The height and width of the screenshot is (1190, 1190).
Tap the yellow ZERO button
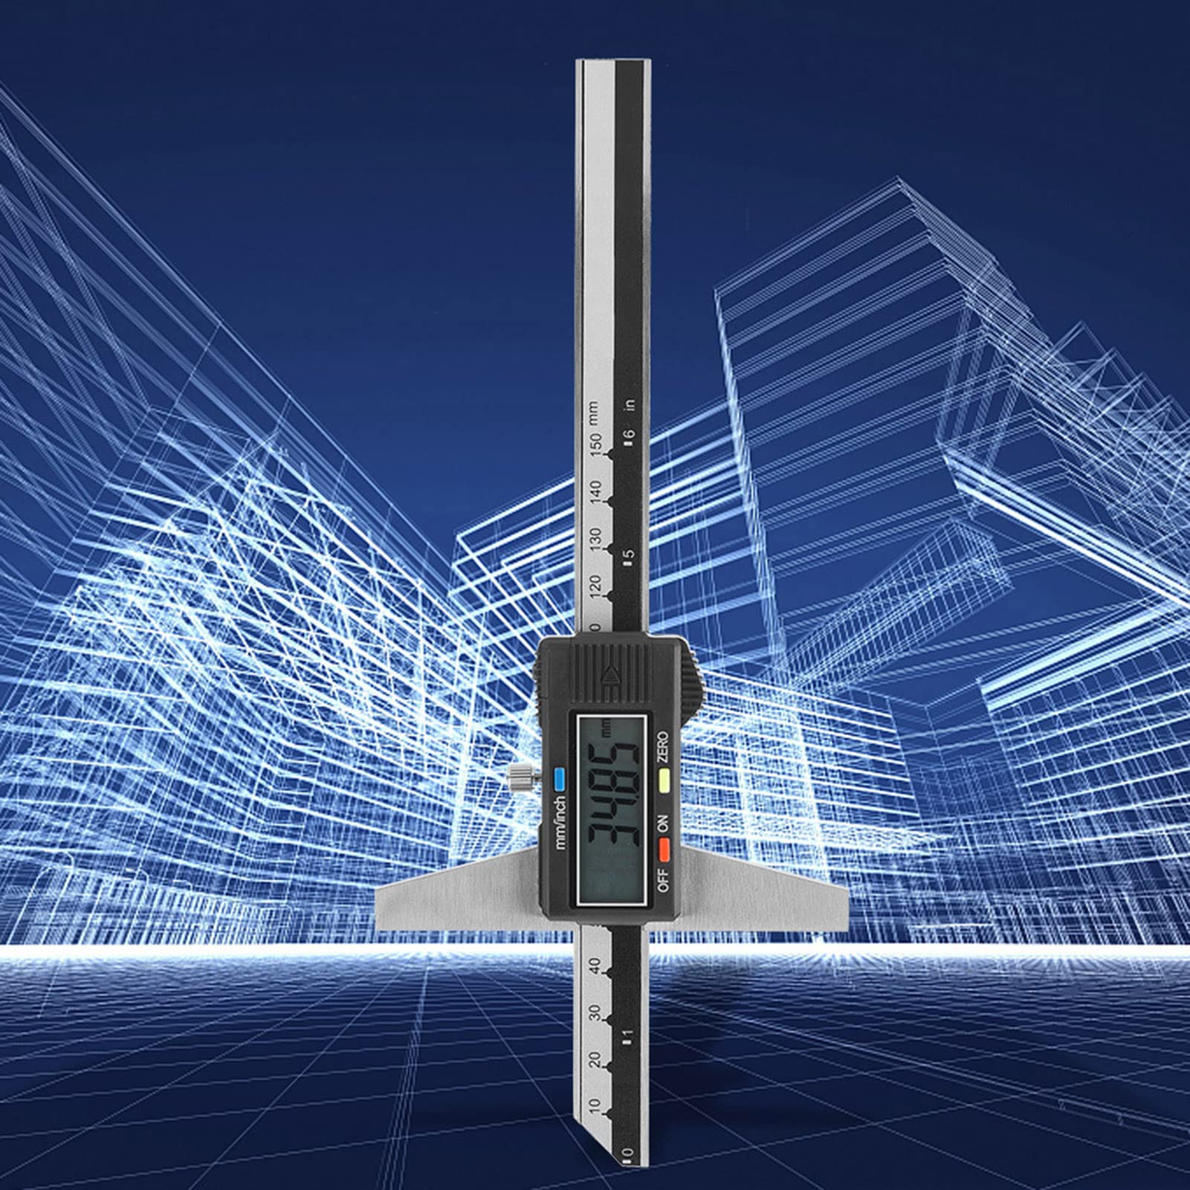pos(663,779)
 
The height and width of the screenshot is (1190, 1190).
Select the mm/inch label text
pos(560,823)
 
